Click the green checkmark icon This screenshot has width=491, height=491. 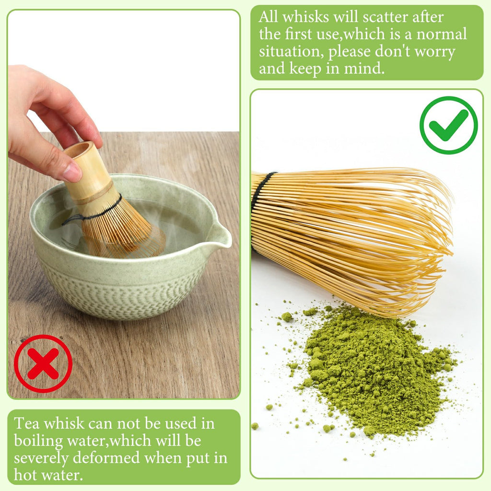click(448, 125)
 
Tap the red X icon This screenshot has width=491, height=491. click(43, 363)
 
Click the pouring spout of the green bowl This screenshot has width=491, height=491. click(221, 236)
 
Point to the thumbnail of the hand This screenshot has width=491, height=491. click(73, 171)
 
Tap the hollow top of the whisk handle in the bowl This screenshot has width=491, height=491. click(78, 149)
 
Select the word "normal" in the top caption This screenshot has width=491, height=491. click(444, 35)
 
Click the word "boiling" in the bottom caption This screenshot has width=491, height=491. click(36, 441)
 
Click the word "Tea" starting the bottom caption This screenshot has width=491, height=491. click(24, 423)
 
